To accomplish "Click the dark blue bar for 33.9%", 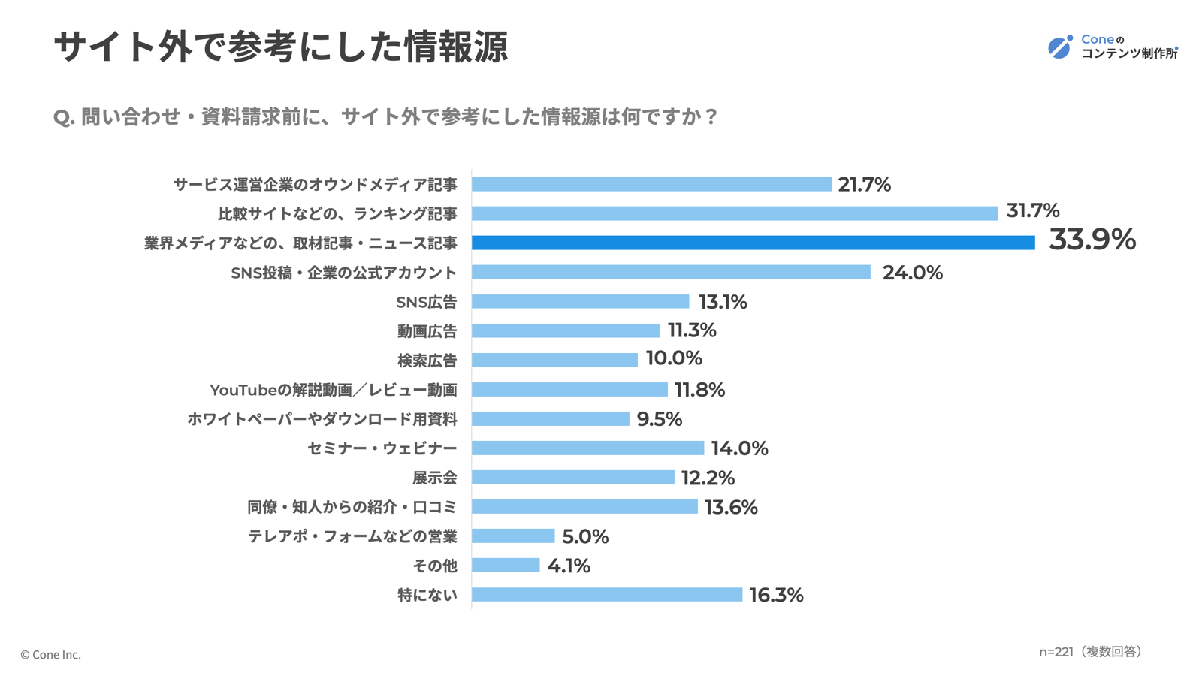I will [x=753, y=243].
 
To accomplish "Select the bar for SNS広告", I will [x=580, y=301].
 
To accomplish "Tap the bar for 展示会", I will [x=572, y=478].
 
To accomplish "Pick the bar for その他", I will [x=506, y=566].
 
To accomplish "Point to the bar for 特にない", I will [x=607, y=595].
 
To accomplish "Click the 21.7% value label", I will [x=864, y=185].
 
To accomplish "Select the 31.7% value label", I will [x=1032, y=211].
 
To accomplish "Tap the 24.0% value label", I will [x=912, y=273].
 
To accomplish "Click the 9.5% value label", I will [x=659, y=419].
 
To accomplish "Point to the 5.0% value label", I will [x=584, y=536].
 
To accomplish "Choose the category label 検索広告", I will [x=427, y=361].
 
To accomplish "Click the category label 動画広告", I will [x=427, y=331].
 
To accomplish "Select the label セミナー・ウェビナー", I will [x=382, y=448].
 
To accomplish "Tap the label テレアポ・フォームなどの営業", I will [x=352, y=536].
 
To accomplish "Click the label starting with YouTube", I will [x=333, y=390].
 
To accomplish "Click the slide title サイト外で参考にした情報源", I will [x=281, y=47].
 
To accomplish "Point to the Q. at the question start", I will [x=64, y=118].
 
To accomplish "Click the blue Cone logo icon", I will [x=1060, y=47].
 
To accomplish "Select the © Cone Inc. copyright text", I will [x=50, y=655].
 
